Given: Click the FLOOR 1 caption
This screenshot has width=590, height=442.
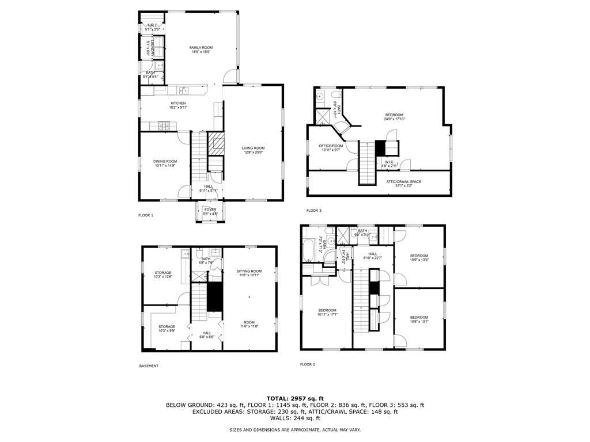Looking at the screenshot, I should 146,215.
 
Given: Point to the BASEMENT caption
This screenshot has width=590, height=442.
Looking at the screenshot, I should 149,366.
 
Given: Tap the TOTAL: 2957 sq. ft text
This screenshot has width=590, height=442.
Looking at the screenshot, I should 295,398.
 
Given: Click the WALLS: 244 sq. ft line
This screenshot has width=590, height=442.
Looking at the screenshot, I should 295,418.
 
